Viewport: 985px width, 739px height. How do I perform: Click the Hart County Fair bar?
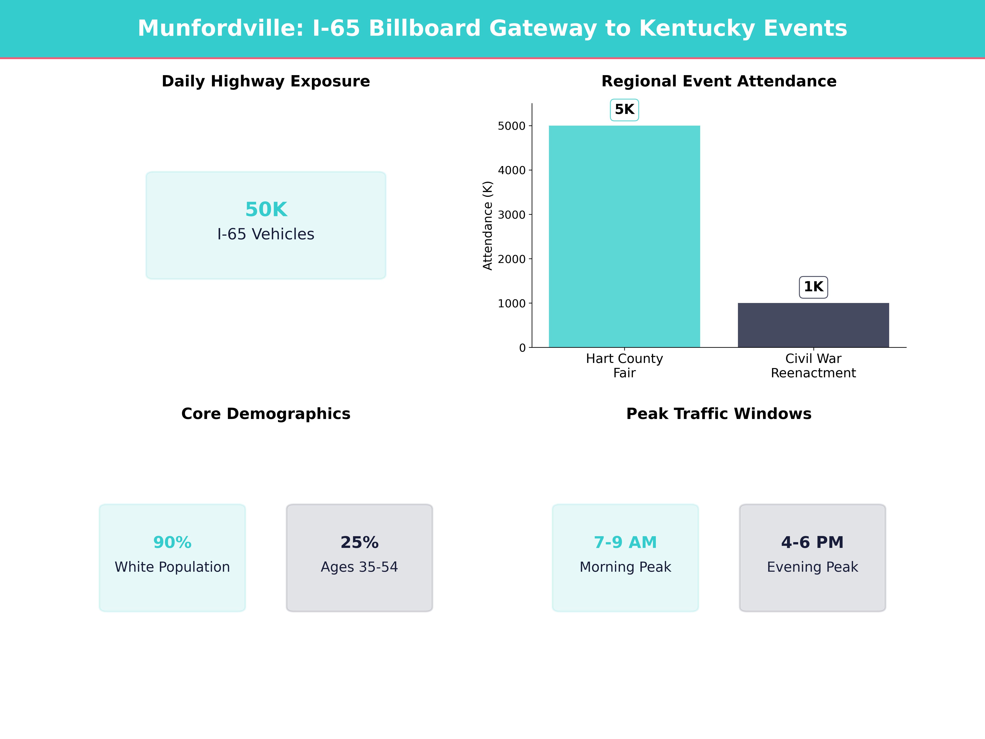click(624, 236)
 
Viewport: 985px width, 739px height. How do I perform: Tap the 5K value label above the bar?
click(624, 110)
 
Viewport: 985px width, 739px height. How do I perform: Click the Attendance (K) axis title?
click(488, 225)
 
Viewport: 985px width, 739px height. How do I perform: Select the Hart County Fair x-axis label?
click(624, 365)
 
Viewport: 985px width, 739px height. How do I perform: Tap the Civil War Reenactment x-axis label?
click(813, 365)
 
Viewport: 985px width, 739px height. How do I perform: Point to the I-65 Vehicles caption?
click(266, 234)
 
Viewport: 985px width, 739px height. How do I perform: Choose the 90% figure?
click(172, 542)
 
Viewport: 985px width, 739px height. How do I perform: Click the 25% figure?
click(359, 542)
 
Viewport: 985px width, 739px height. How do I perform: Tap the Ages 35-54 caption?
click(359, 567)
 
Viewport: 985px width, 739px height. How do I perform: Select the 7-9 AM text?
click(625, 542)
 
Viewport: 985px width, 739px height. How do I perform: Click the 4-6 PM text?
click(812, 542)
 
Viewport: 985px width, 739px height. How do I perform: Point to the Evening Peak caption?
click(812, 567)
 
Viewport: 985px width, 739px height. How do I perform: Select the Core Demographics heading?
click(266, 414)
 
